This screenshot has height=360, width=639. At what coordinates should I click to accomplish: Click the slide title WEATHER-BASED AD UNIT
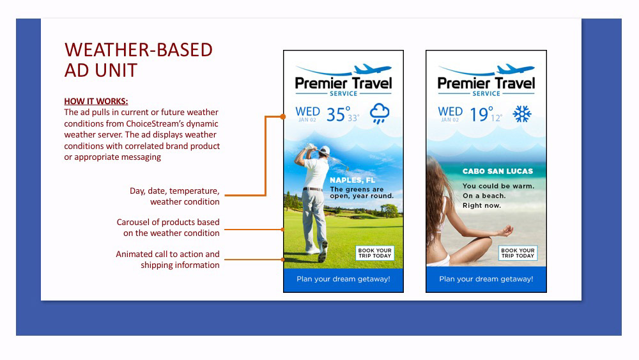139,60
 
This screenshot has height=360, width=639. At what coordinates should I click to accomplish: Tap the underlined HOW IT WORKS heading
96,101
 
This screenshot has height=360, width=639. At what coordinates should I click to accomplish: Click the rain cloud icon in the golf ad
380,114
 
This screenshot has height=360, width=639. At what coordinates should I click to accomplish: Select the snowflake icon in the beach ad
521,114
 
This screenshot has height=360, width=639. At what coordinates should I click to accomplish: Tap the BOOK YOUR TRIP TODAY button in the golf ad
375,253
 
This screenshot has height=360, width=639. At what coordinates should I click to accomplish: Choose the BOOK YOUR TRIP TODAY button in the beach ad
518,253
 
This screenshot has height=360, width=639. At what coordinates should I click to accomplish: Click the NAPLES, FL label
353,180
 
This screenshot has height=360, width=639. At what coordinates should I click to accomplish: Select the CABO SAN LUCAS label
498,171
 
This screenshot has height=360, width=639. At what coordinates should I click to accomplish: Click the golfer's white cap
325,150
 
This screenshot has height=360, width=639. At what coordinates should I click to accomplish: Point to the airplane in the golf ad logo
373,68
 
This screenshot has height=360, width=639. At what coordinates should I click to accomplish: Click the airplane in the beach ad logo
515,68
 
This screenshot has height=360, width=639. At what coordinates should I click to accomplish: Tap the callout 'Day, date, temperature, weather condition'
174,196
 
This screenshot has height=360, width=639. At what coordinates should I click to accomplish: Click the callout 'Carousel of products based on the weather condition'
168,228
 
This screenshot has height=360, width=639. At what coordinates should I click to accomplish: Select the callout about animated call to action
167,260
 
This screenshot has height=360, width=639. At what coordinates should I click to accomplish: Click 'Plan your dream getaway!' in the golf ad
343,279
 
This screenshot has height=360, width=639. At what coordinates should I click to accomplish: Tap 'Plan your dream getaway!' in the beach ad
486,279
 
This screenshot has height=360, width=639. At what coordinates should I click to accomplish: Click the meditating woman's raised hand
505,231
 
